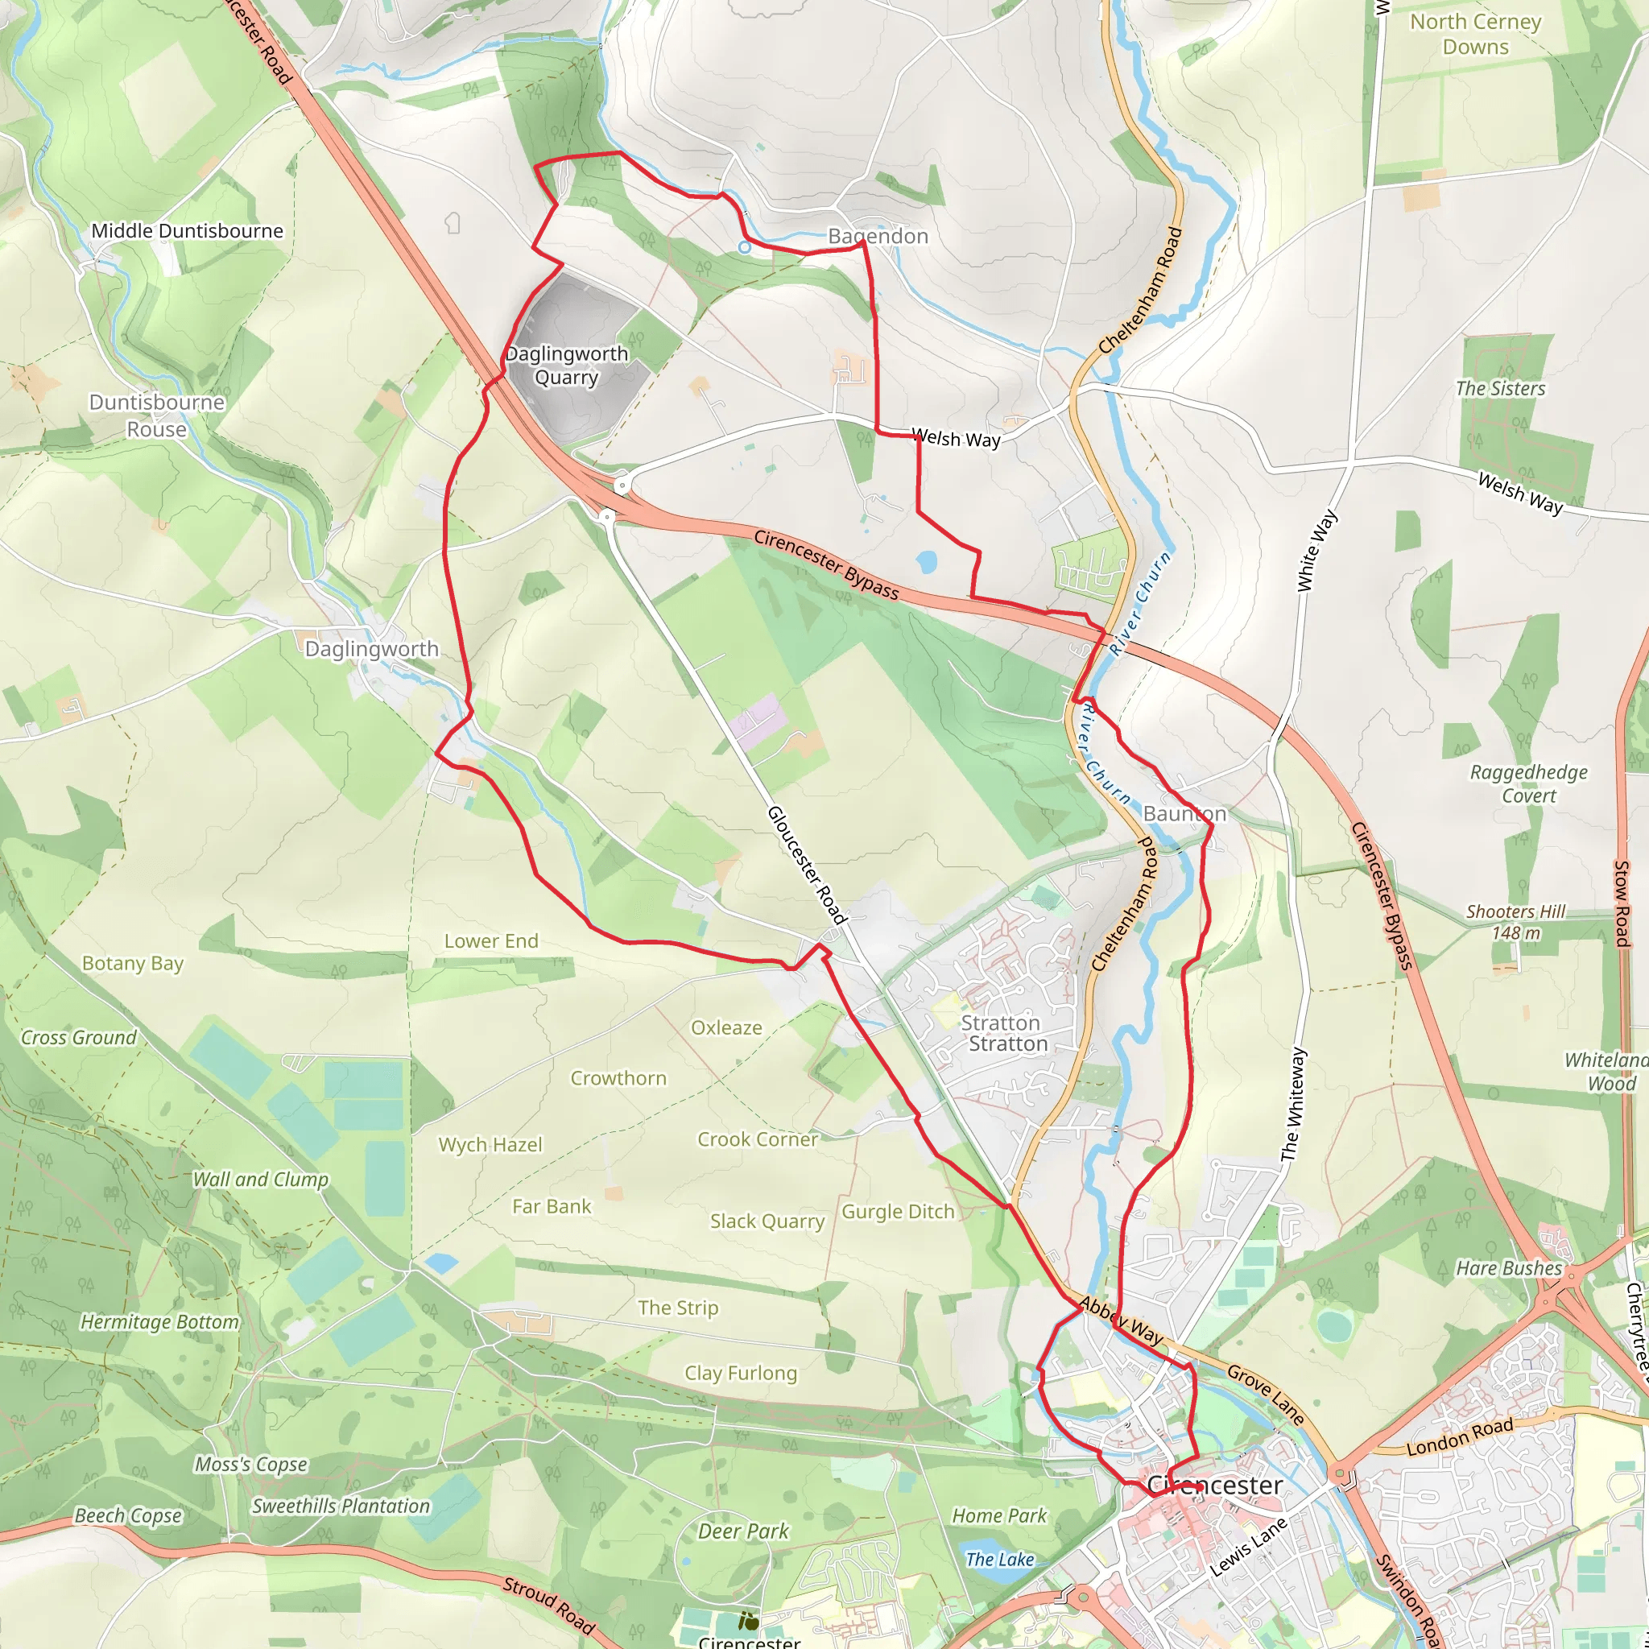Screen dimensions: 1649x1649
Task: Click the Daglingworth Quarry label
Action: (x=567, y=366)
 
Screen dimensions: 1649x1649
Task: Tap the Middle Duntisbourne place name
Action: (x=187, y=230)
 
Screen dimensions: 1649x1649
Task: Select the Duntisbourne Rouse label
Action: (x=157, y=415)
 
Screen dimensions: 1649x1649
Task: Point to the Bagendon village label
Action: (x=878, y=236)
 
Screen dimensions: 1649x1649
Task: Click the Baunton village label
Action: (x=1184, y=813)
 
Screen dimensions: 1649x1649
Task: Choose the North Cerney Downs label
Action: (x=1476, y=34)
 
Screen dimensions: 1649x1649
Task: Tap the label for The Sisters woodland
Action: (x=1501, y=388)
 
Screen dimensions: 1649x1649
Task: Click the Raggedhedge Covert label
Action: (x=1529, y=783)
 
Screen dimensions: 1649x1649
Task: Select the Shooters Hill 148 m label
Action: (x=1516, y=922)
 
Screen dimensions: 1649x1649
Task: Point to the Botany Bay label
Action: (x=132, y=963)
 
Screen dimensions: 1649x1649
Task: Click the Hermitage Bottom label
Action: (x=159, y=1321)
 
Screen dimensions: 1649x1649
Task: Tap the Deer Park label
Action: (x=743, y=1531)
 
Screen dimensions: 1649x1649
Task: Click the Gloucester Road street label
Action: (x=807, y=865)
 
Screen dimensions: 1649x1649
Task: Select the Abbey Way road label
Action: (x=1121, y=1320)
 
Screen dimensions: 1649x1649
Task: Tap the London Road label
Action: (x=1460, y=1437)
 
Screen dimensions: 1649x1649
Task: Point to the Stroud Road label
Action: (x=548, y=1604)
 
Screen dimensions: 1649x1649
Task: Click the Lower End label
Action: (x=491, y=940)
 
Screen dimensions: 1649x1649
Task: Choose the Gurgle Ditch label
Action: (x=898, y=1211)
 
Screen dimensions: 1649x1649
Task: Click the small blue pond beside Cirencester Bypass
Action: (x=925, y=562)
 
